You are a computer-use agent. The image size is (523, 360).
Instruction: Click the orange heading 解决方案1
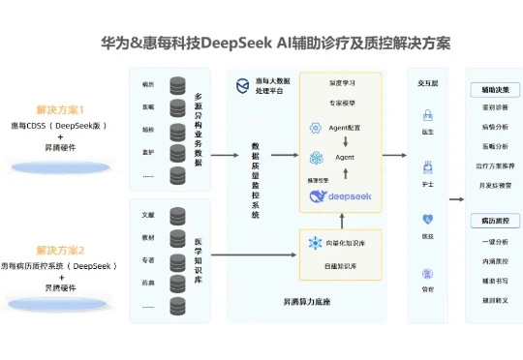coord(61,109)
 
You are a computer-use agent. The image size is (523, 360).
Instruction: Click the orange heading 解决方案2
coord(61,250)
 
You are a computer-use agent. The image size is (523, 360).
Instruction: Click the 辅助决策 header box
coord(495,89)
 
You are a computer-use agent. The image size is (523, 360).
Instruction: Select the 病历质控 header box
coord(495,221)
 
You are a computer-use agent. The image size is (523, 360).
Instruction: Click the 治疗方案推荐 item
coord(495,165)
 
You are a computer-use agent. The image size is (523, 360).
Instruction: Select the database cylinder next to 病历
coord(177,85)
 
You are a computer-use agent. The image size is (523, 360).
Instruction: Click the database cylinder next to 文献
coord(177,214)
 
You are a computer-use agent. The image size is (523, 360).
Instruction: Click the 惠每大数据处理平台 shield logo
coord(243,86)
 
